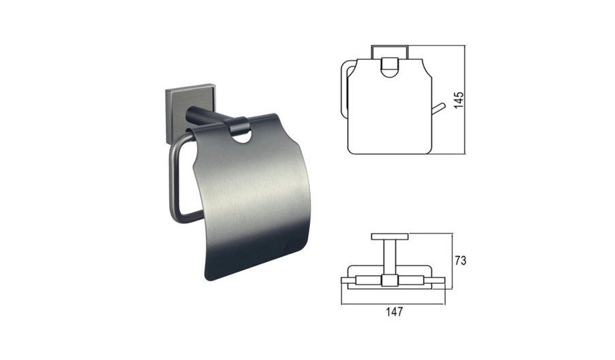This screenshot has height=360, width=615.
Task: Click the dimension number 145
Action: (459, 100)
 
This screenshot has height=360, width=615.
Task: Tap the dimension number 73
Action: (461, 261)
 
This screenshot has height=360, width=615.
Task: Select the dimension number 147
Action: (394, 312)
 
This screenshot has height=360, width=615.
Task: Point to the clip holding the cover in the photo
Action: (237, 125)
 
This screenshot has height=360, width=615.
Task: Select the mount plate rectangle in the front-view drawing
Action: (390, 52)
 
